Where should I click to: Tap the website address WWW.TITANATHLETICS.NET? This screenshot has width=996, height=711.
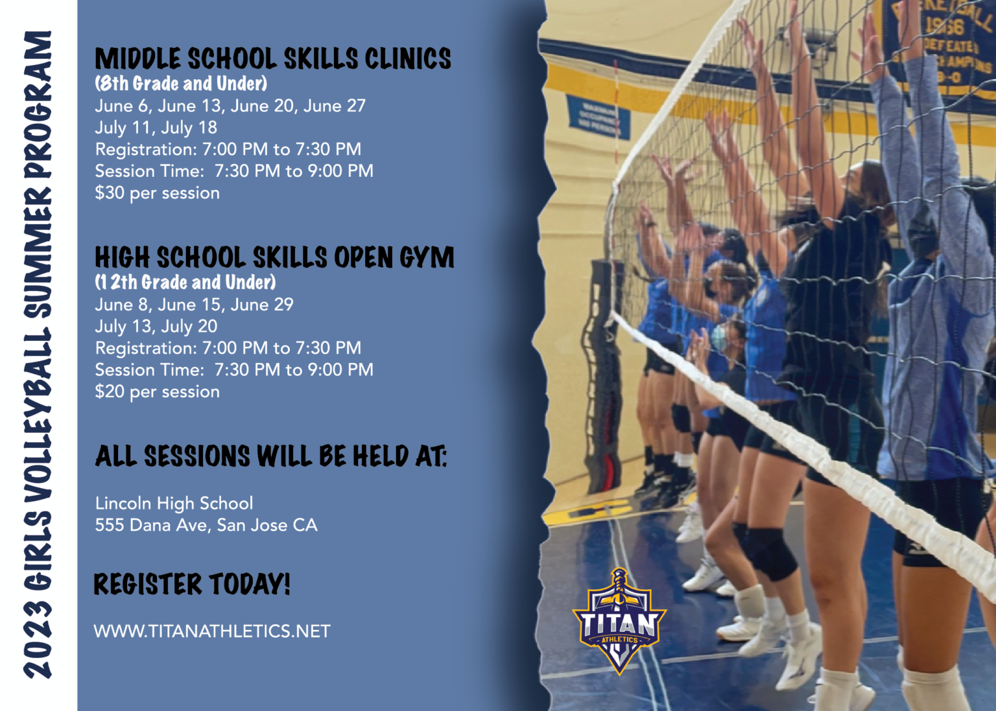[212, 631]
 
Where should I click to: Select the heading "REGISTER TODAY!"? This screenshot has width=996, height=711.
[192, 584]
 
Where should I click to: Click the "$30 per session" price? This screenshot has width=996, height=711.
[157, 193]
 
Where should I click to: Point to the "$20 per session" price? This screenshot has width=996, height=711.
[157, 392]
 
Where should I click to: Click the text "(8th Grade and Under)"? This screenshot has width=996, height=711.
[181, 84]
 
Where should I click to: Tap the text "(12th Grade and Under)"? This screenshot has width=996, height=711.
[185, 283]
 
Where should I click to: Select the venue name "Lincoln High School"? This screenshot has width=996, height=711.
[174, 504]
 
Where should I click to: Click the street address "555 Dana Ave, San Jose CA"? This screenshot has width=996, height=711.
[206, 526]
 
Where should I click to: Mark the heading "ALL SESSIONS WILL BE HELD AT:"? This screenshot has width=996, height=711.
[271, 456]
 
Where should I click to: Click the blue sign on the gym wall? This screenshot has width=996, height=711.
[598, 117]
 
